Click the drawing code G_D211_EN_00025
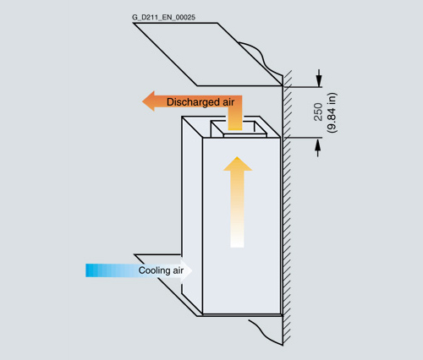click(163, 18)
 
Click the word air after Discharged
click(228, 102)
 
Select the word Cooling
click(154, 270)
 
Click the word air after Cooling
click(179, 270)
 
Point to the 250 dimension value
click(318, 112)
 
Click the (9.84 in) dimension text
click(332, 112)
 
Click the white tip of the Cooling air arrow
click(186, 270)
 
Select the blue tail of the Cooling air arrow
click(93, 270)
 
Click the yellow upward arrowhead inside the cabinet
click(238, 164)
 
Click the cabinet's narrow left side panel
click(192, 214)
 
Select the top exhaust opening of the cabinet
click(239, 129)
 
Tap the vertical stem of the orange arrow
click(235, 118)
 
